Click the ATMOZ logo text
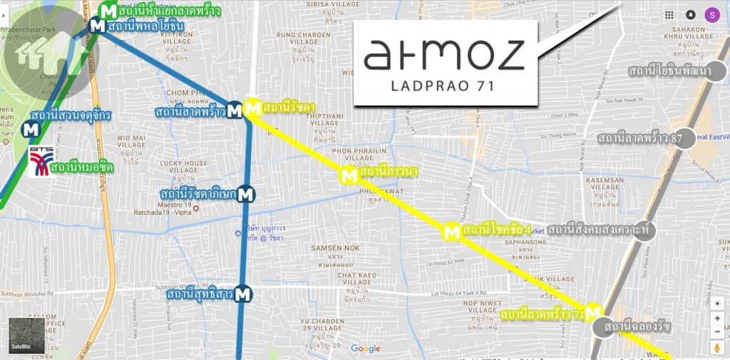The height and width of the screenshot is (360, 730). (444, 55)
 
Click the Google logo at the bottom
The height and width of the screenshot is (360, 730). (365, 349)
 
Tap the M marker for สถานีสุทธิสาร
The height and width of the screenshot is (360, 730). (244, 294)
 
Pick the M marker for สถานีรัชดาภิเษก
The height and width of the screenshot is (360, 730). (246, 193)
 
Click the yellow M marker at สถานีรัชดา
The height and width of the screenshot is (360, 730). (252, 108)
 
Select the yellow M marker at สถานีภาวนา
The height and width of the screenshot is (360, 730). (349, 175)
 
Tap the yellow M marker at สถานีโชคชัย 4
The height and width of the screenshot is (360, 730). (451, 232)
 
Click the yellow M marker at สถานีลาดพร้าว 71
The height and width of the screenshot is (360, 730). (594, 312)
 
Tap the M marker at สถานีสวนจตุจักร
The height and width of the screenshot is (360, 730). (31, 130)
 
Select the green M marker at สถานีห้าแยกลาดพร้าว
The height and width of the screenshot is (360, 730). (109, 11)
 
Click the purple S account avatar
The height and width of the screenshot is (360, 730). (711, 14)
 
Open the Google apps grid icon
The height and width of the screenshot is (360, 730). (669, 14)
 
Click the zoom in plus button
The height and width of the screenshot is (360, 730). (717, 318)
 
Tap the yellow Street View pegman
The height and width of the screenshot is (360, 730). (717, 348)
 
